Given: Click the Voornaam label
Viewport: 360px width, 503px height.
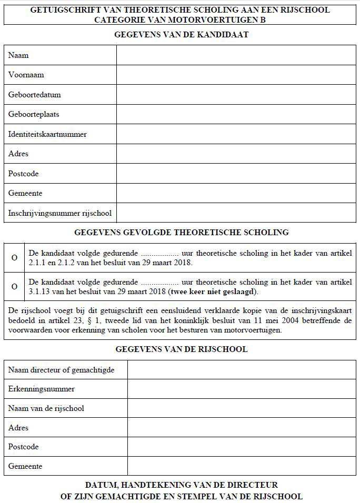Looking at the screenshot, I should pos(26,75).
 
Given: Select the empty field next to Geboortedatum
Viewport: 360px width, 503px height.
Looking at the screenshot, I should pos(236,95).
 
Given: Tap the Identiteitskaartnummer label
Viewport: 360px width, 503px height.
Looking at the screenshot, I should pos(47,134).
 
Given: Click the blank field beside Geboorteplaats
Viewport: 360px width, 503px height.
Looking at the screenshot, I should pos(236,114).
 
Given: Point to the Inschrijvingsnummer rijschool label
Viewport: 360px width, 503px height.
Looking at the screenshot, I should pos(59,213).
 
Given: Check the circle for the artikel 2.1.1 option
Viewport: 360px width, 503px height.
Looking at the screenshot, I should pos(14,257).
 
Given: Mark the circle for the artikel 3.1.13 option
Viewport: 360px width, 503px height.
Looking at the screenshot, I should pos(14,287).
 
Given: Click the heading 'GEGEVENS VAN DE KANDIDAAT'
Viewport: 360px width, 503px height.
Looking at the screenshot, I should pos(181,35).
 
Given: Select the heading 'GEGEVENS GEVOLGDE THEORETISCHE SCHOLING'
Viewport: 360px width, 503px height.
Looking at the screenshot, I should pos(181,232).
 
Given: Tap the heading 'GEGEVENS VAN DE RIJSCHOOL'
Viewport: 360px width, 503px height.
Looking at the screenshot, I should pos(181,349).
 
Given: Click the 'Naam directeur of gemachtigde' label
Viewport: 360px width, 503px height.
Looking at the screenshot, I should pos(61,370).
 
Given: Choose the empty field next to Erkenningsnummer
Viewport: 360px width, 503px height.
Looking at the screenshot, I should pos(241,389).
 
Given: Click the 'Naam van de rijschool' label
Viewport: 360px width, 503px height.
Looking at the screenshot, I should pos(46,408).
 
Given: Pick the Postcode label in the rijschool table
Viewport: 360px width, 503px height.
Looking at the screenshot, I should pos(24,447).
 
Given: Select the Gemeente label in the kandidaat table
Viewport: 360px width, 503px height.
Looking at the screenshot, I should pos(25,193).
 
